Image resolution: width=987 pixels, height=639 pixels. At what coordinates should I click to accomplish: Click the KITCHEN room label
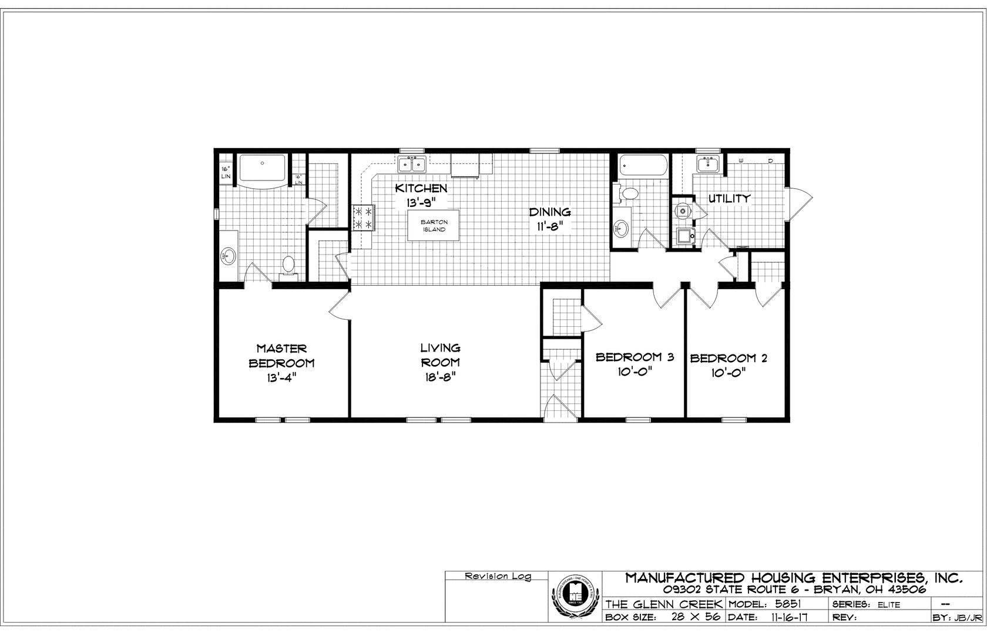421,189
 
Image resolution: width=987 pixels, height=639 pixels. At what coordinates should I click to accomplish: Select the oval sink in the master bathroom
228,256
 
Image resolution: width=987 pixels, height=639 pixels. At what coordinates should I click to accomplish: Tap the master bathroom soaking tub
263,169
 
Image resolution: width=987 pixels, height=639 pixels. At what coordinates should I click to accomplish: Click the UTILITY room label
728,199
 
